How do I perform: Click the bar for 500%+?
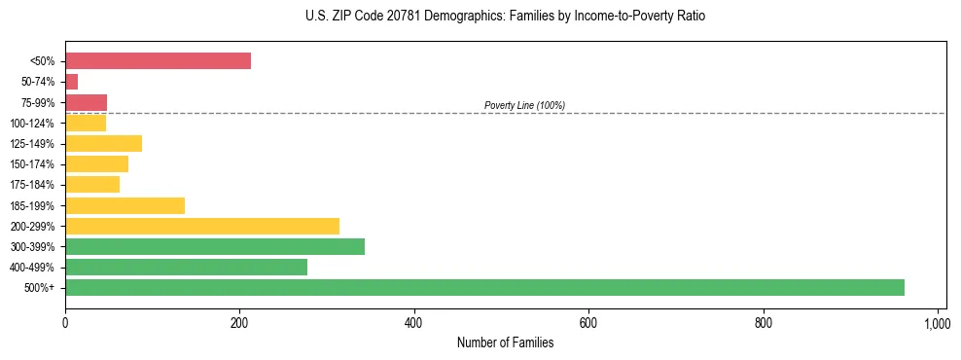[x=484, y=288]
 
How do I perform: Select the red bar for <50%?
[x=158, y=61]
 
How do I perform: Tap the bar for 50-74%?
[x=72, y=82]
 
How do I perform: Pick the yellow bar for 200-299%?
[x=202, y=226]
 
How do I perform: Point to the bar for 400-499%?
[x=186, y=268]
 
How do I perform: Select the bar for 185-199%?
[x=125, y=205]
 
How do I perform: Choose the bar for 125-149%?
[x=103, y=144]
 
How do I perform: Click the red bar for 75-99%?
[x=86, y=102]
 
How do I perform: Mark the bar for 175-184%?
[x=92, y=185]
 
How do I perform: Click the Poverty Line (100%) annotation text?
[x=524, y=105]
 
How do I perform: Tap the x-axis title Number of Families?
[x=505, y=342]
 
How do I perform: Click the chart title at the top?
[x=505, y=17]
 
